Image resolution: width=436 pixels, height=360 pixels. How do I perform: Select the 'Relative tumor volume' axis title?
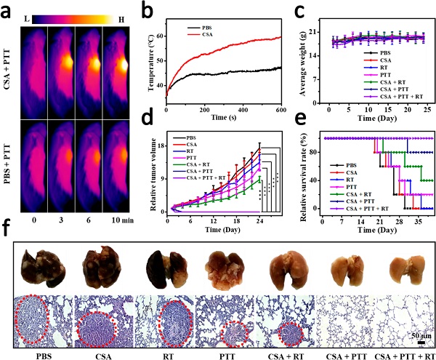[157, 172]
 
